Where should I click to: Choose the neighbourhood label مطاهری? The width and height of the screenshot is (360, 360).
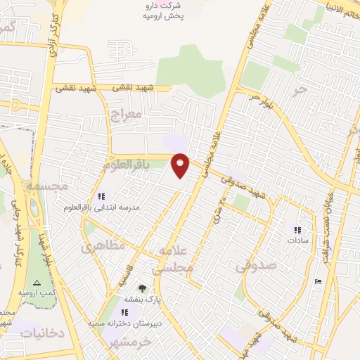[102, 247]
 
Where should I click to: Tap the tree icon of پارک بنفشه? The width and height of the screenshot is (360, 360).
[142, 288]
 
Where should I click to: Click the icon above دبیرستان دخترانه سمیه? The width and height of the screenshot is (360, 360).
[124, 312]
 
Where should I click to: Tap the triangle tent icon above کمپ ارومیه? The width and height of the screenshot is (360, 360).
[37, 281]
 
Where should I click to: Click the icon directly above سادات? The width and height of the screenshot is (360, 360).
[296, 229]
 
